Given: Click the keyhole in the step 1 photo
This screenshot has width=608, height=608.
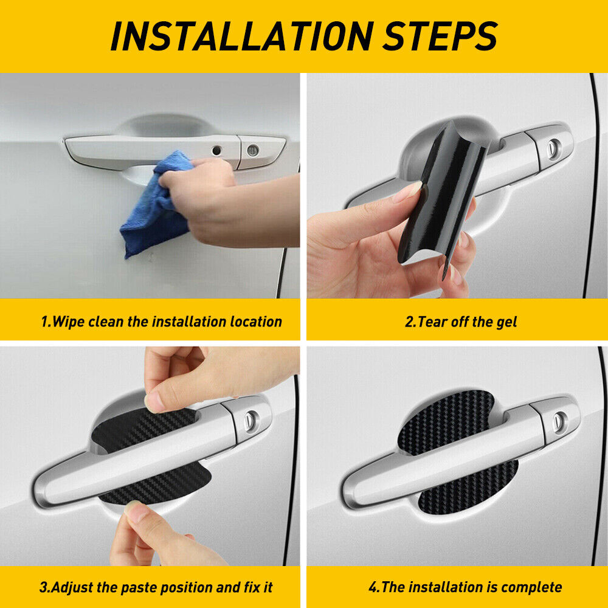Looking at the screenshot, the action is [x=253, y=150].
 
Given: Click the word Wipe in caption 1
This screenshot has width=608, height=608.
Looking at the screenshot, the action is [x=68, y=322].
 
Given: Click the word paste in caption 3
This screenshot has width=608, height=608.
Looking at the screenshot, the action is [x=140, y=588].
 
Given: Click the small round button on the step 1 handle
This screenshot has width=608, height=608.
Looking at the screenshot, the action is [x=216, y=150].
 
